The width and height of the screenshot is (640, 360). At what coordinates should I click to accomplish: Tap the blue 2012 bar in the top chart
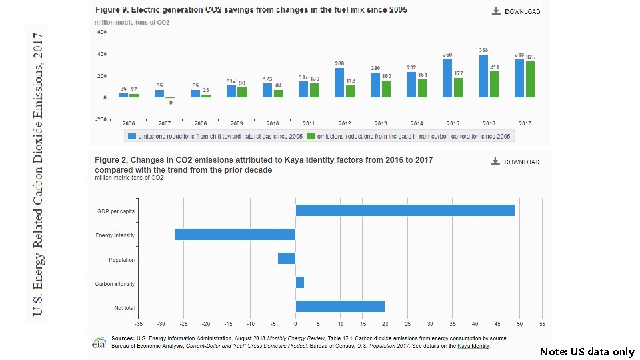point(339,83)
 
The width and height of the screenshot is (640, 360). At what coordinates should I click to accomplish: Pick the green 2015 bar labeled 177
point(458,87)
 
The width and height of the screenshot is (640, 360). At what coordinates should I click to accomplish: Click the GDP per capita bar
point(405,210)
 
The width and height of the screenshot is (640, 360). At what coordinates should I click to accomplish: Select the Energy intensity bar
point(235,234)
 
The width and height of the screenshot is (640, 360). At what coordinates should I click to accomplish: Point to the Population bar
point(287,259)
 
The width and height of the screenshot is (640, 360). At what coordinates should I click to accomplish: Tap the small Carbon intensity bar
point(299,283)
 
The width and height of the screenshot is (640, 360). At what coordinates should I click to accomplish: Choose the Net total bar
point(340,307)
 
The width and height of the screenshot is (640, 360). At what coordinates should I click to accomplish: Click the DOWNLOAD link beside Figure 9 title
point(516,11)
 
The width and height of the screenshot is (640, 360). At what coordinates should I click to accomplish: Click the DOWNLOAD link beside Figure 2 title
point(516,161)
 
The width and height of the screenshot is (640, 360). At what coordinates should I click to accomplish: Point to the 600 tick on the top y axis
point(103,32)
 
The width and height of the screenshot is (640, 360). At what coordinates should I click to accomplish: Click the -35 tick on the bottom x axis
point(138,323)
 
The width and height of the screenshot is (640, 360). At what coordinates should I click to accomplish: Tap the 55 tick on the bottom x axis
point(543,323)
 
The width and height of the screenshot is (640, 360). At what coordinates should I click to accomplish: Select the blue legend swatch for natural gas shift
point(131,136)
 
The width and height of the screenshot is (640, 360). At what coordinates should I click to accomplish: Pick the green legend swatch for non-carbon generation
point(311,136)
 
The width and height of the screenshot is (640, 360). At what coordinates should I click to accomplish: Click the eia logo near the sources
point(98,343)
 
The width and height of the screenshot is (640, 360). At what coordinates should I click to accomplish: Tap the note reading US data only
point(587,351)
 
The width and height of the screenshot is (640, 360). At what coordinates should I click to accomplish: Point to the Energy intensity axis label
point(115,235)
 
